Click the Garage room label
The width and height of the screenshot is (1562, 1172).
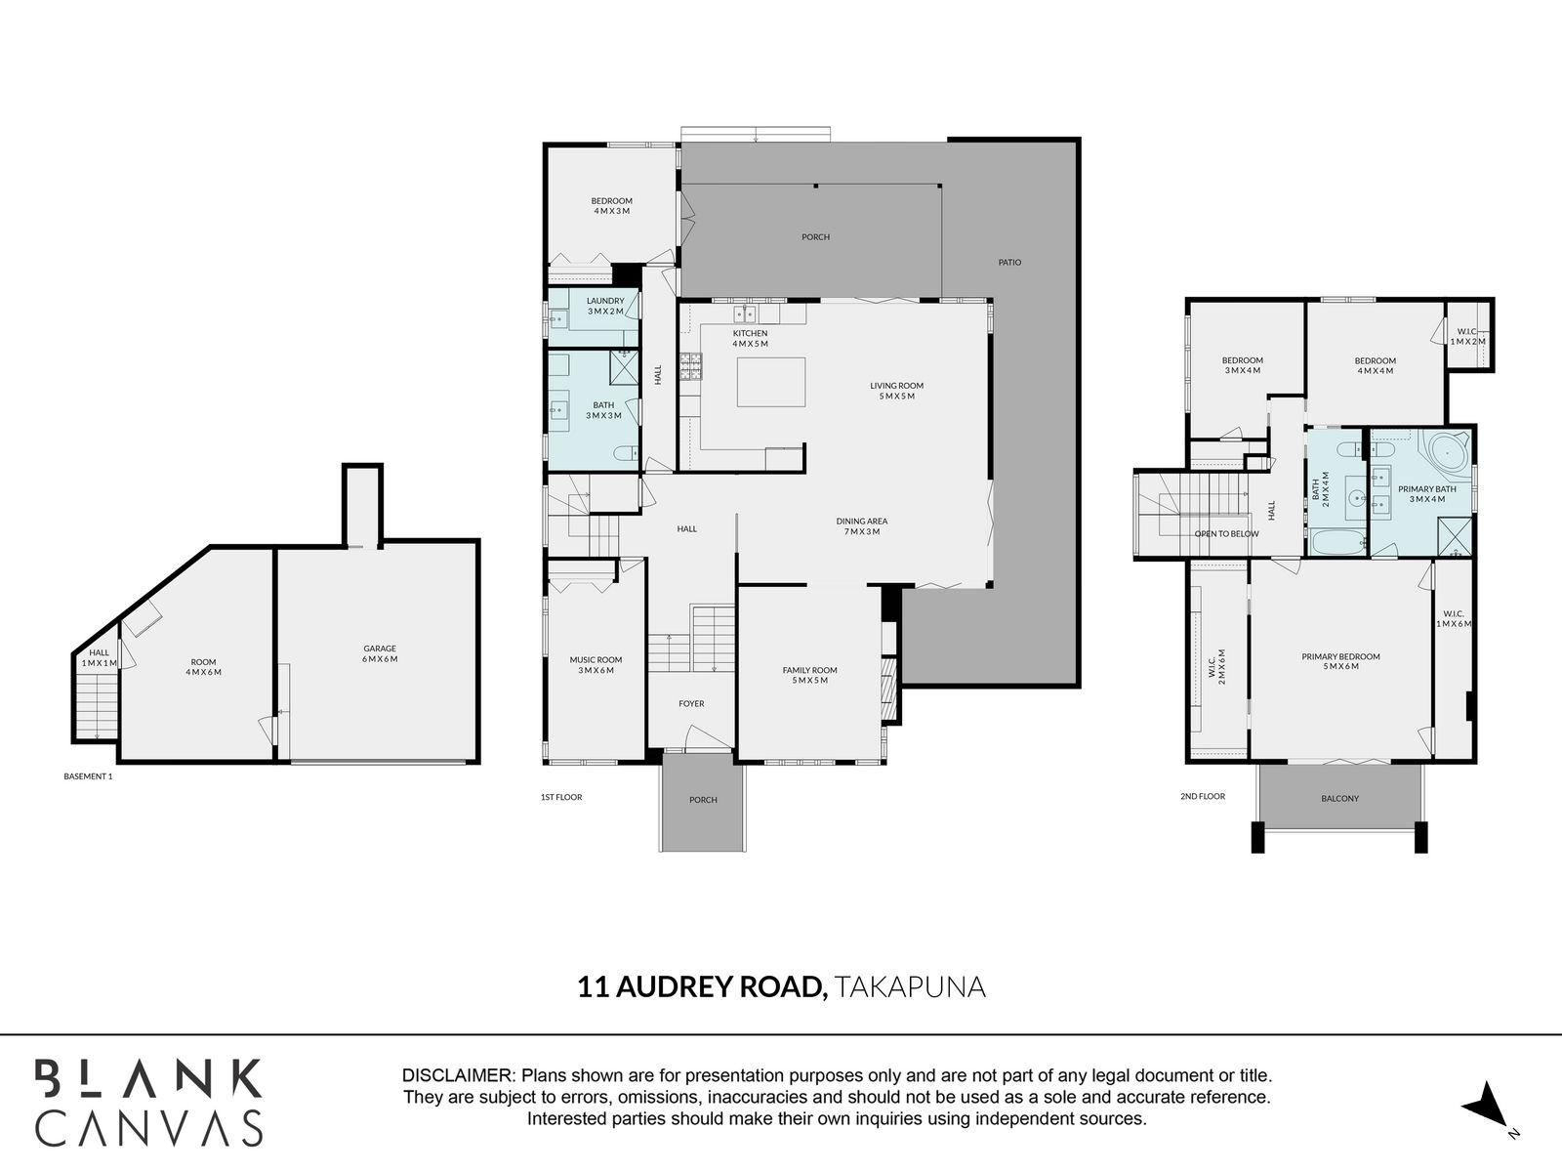tap(380, 653)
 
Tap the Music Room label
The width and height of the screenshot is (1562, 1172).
tap(596, 665)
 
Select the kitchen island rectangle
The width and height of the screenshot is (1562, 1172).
tap(771, 382)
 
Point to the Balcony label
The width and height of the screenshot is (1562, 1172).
tap(1339, 798)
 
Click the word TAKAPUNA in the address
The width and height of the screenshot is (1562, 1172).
tap(910, 987)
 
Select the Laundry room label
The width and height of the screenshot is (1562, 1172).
tap(605, 306)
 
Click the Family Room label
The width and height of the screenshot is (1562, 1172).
tap(809, 675)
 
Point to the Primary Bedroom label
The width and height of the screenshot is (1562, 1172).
tap(1340, 662)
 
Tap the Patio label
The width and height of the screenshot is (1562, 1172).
tap(1009, 262)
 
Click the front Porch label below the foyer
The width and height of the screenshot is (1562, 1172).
tap(703, 800)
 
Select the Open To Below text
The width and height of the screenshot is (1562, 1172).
tap(1226, 534)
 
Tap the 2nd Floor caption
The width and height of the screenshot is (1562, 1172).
tap(1202, 797)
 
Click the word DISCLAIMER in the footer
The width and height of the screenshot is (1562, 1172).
tap(458, 1075)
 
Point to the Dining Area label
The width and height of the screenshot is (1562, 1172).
tap(861, 526)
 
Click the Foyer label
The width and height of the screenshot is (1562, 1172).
tap(691, 703)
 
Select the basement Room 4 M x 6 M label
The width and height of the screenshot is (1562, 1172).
tap(203, 667)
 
